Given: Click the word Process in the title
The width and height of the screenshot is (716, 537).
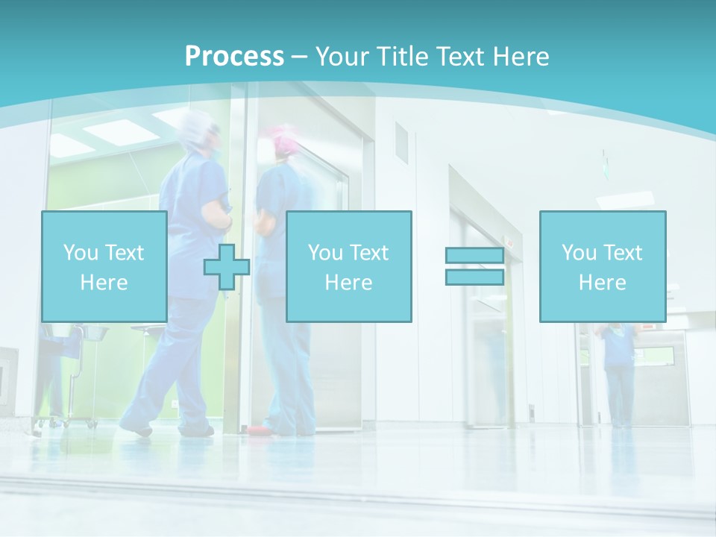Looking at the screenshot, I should click(234, 57).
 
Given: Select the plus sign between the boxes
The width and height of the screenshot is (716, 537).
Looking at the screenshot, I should click(227, 267).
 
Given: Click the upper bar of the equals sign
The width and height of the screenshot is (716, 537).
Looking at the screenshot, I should click(474, 256).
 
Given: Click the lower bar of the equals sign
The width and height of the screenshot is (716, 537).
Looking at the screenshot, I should click(474, 277).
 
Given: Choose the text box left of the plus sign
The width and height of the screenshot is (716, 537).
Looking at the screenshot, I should click(104, 267).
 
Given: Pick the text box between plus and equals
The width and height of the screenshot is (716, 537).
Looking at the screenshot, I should click(348, 267).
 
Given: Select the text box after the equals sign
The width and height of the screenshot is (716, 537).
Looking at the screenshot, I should click(602, 267).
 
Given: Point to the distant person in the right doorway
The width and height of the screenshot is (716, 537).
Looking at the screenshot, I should click(618, 373).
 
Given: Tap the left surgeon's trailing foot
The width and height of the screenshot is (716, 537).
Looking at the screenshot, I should click(136, 428).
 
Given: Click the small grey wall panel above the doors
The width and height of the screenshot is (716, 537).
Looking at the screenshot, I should click(401, 142).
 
